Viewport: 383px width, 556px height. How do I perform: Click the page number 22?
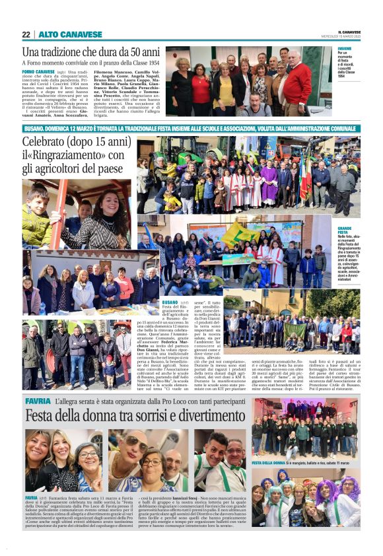(26, 34)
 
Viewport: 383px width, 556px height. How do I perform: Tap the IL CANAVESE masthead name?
(349, 32)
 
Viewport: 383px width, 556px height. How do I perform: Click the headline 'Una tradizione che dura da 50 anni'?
(91, 52)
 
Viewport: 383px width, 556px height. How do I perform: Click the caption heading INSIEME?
(345, 49)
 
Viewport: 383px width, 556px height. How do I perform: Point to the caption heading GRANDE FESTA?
(344, 230)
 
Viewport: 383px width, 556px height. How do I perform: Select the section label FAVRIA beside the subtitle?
(37, 401)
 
